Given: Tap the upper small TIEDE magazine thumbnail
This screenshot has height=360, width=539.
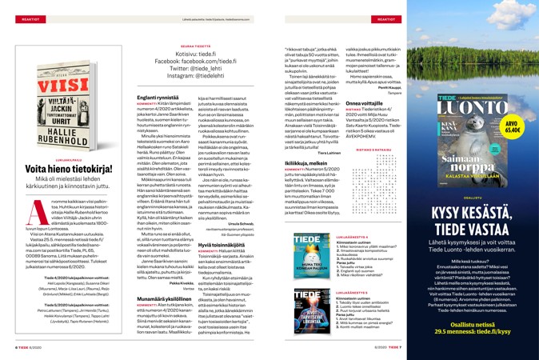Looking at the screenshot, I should coord(307,255).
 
